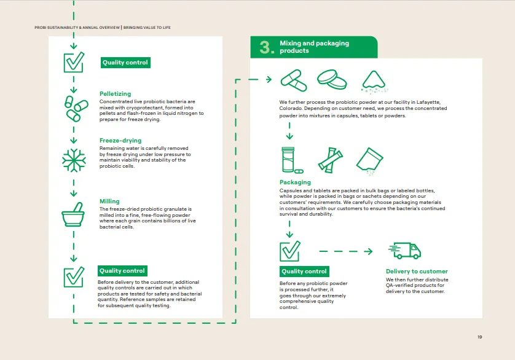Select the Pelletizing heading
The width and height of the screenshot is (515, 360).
coord(115,94)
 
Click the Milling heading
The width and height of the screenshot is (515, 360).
coord(109,202)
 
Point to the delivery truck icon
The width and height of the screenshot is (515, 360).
coord(405,251)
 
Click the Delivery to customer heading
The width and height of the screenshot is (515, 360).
coord(417,272)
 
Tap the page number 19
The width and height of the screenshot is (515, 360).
coord(480,337)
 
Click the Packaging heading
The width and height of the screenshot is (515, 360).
coord(295,182)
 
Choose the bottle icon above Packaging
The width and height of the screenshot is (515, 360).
coord(289,160)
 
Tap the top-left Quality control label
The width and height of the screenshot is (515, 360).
coord(125,63)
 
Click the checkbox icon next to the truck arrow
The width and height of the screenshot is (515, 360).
coord(289,251)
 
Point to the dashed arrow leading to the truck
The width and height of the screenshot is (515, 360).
coord(345,251)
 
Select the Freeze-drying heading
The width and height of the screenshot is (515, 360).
coord(120,141)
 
